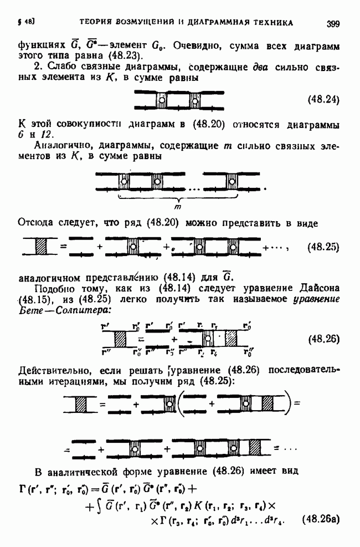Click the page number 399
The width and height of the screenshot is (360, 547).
(x=333, y=23)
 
